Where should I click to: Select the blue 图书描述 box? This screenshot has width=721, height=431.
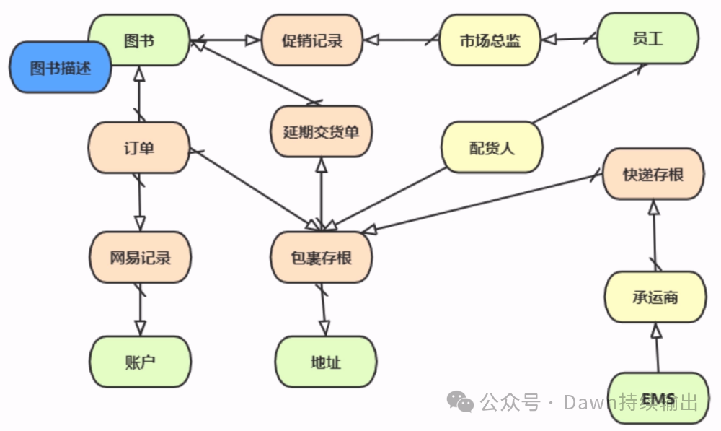pyautogui.click(x=61, y=69)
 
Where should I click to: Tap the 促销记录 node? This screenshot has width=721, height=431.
pyautogui.click(x=311, y=40)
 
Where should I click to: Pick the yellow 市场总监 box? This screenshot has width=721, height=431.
pyautogui.click(x=490, y=40)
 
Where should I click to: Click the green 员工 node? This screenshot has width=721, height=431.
pyautogui.click(x=647, y=39)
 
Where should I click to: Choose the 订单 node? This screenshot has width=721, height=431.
pyautogui.click(x=138, y=148)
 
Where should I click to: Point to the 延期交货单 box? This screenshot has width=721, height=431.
pyautogui.click(x=321, y=131)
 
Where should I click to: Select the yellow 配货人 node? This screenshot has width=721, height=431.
pyautogui.click(x=492, y=148)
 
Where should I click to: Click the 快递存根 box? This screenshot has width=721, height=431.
pyautogui.click(x=653, y=174)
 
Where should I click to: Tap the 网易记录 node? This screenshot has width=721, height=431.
pyautogui.click(x=140, y=257)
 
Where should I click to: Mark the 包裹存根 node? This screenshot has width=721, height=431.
pyautogui.click(x=321, y=257)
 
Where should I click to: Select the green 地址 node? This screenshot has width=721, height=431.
pyautogui.click(x=325, y=362)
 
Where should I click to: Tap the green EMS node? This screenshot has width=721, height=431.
pyautogui.click(x=658, y=398)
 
